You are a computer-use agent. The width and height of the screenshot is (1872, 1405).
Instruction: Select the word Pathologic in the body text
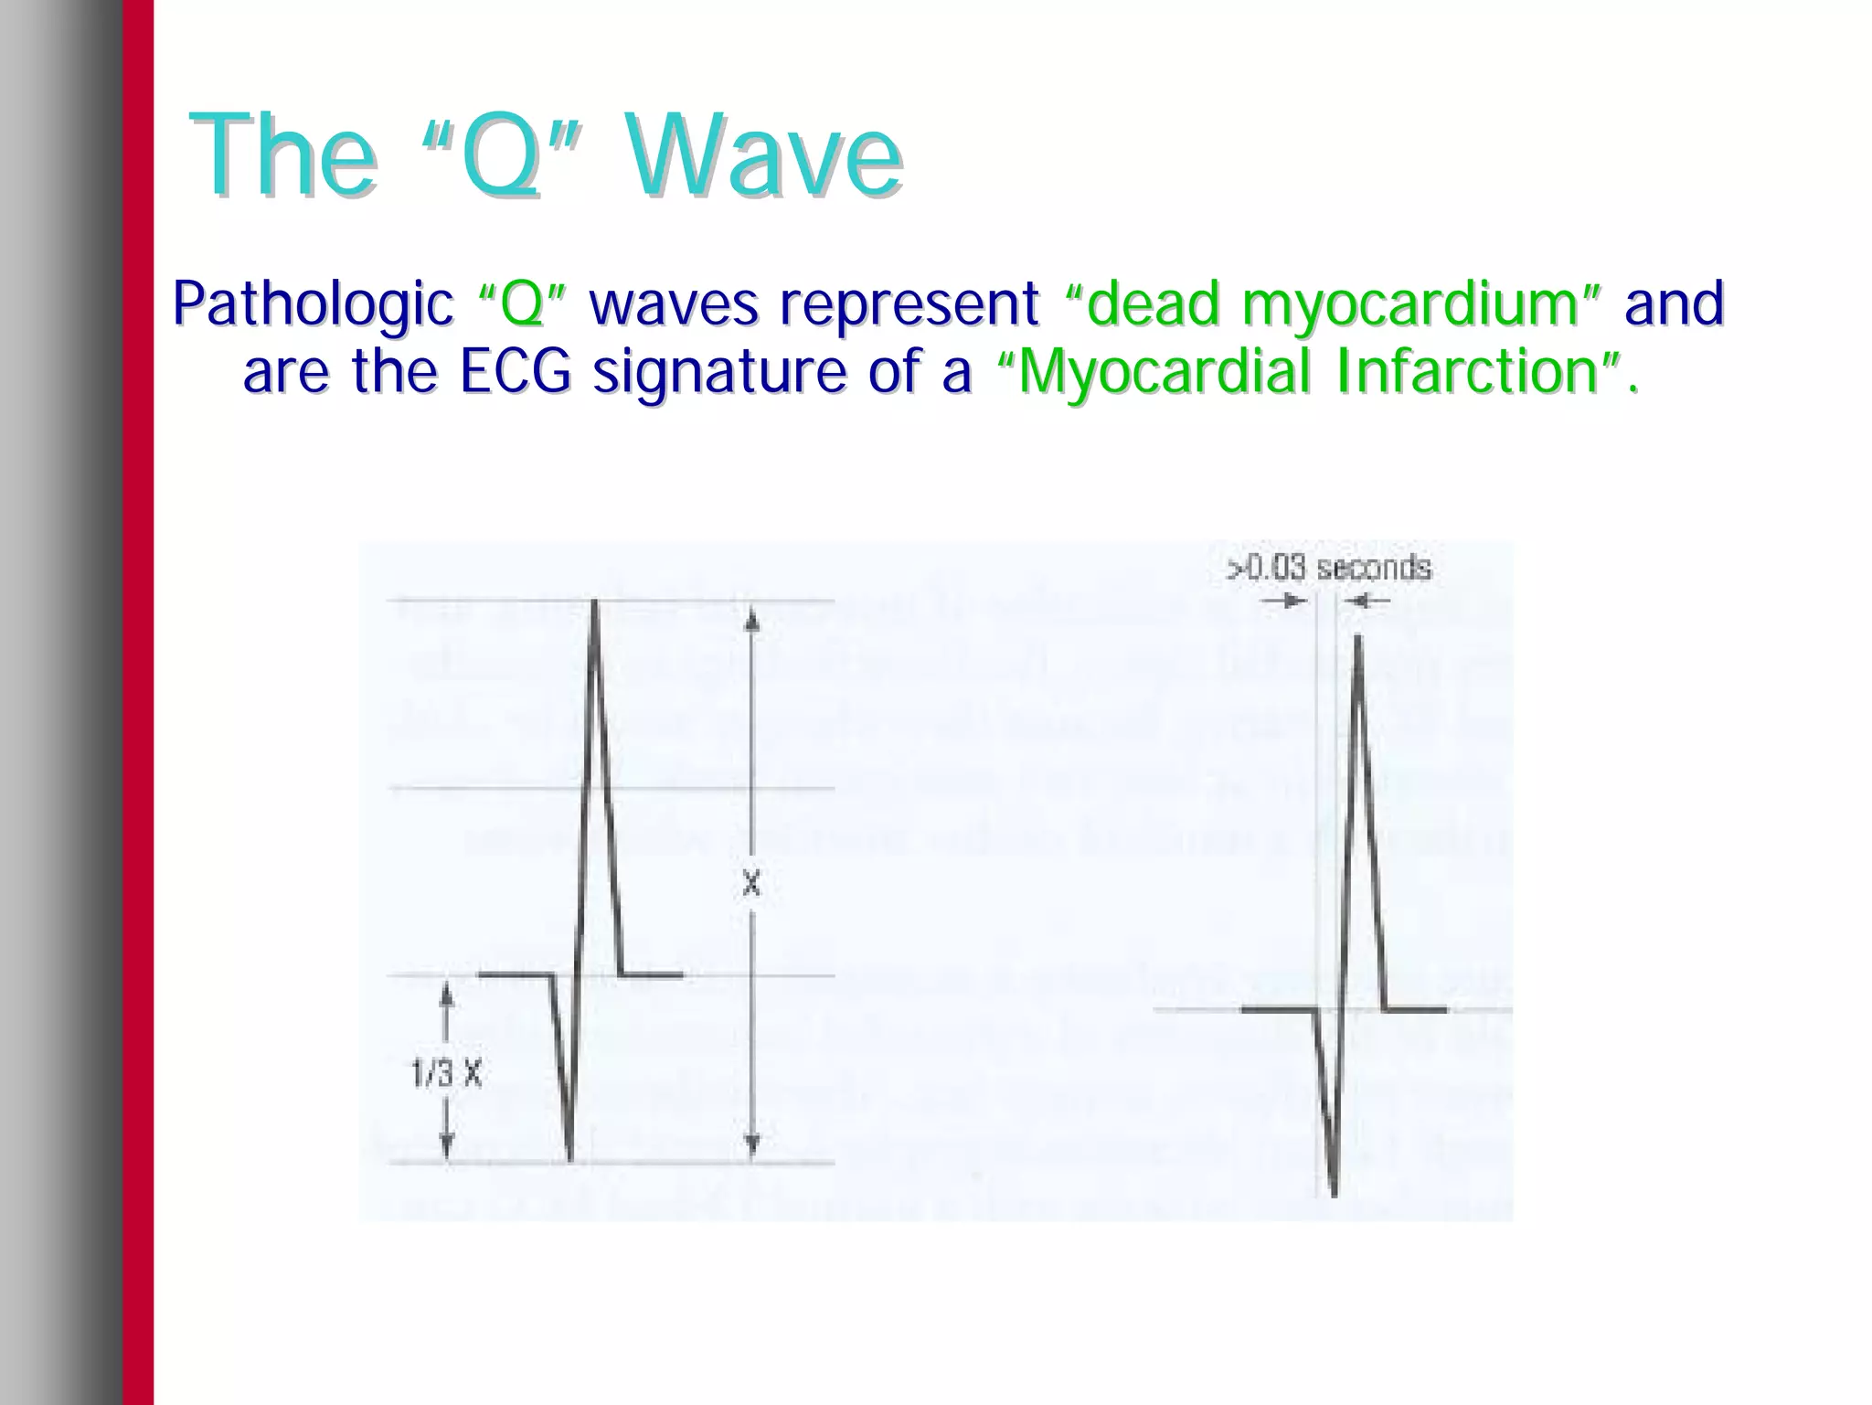point(312,304)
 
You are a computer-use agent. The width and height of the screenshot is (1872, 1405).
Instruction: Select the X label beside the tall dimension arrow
point(750,884)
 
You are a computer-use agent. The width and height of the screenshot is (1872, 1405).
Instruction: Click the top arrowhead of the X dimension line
point(751,622)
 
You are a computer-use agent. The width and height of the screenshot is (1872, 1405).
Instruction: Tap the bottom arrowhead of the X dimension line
point(751,1144)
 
